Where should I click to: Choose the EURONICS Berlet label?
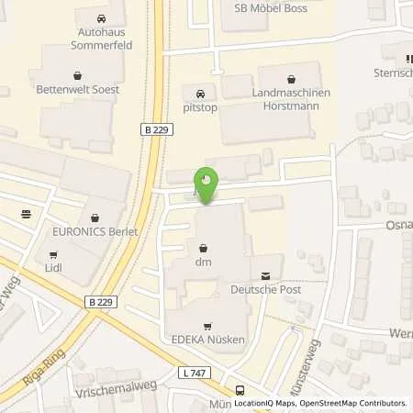click(x=95, y=232)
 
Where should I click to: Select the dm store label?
click(x=203, y=263)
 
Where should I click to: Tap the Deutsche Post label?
click(x=266, y=291)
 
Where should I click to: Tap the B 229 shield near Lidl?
click(x=101, y=301)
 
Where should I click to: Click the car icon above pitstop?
click(x=199, y=94)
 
